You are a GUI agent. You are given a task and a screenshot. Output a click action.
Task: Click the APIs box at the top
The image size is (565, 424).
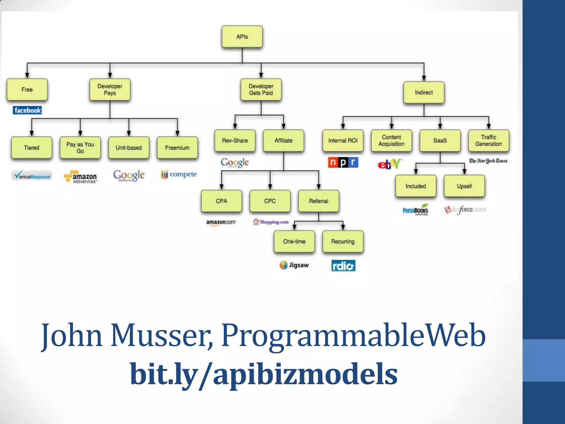(x=242, y=37)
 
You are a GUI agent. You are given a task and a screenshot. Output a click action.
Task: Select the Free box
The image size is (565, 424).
(x=27, y=90)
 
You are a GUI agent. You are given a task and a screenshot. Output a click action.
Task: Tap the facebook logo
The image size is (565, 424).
(x=27, y=110)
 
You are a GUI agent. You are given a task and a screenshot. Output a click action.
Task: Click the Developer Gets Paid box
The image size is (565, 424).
(x=261, y=90)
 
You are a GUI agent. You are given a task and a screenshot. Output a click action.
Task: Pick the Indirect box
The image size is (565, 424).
(x=424, y=92)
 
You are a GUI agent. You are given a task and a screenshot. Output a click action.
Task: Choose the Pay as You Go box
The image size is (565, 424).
(x=80, y=148)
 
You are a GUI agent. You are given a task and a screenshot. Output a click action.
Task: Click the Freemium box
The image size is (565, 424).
(x=177, y=148)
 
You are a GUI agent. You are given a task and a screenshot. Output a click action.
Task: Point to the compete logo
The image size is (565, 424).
(x=179, y=174)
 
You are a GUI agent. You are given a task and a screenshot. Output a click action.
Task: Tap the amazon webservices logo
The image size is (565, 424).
(x=81, y=177)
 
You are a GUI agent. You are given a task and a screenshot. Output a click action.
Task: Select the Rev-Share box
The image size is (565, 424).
(x=235, y=141)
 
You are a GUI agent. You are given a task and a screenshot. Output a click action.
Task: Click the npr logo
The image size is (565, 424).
(x=343, y=162)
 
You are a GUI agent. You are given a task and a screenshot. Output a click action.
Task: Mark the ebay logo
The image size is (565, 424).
(x=390, y=164)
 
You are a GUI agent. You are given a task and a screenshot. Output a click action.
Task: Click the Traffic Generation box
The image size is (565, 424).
(x=488, y=141)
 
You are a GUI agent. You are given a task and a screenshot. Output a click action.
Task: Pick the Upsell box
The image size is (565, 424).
(x=464, y=186)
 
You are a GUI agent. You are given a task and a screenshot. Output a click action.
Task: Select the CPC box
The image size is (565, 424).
(x=270, y=201)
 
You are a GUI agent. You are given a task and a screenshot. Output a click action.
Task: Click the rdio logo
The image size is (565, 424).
(x=343, y=266)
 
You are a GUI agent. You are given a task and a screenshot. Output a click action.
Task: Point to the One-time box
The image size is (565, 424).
(x=294, y=242)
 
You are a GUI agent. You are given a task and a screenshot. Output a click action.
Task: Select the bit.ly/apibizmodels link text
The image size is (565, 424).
(x=264, y=374)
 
